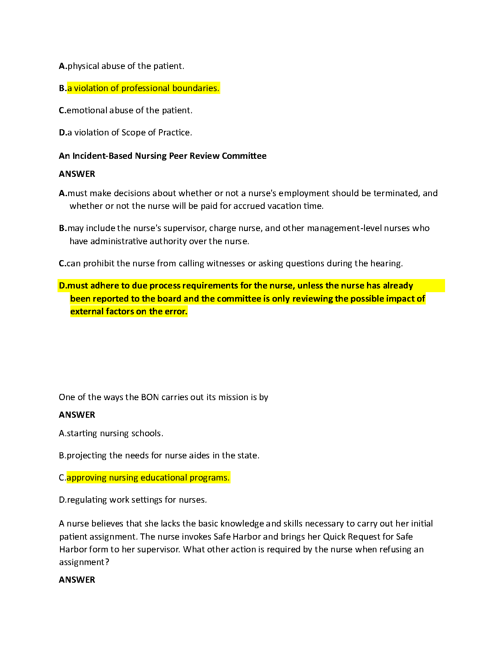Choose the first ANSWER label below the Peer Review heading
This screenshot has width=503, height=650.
click(x=77, y=174)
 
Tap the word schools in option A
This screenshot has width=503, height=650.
click(x=147, y=433)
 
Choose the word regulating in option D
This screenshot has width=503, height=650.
click(x=87, y=500)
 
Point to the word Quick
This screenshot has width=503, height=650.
click(x=334, y=537)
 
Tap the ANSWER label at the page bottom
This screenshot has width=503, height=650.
click(x=77, y=580)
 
